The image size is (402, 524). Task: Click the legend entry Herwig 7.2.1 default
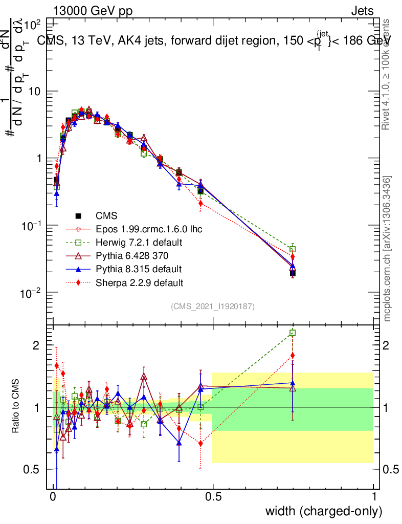(139, 242)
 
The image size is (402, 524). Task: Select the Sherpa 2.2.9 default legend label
(139, 282)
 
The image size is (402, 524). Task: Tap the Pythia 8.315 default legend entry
(138, 269)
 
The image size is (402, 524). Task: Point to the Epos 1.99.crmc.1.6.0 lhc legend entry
(149, 229)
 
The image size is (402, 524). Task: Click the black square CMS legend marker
(79, 215)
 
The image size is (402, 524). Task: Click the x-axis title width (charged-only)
(324, 511)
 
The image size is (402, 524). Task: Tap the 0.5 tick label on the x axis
(214, 496)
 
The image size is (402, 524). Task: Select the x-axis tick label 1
(374, 496)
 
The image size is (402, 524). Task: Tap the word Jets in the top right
(362, 11)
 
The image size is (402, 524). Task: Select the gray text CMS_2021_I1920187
(213, 306)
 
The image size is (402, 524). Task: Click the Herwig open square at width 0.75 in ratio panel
(293, 333)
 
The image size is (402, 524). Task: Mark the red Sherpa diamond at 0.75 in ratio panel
(293, 355)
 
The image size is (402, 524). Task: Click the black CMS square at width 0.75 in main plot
(293, 273)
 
